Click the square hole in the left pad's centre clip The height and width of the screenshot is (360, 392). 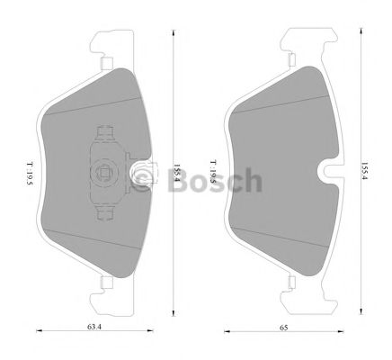pos(105,173)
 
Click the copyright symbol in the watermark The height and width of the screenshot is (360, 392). pos(138,181)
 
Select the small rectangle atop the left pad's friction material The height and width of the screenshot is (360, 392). pos(105,63)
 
